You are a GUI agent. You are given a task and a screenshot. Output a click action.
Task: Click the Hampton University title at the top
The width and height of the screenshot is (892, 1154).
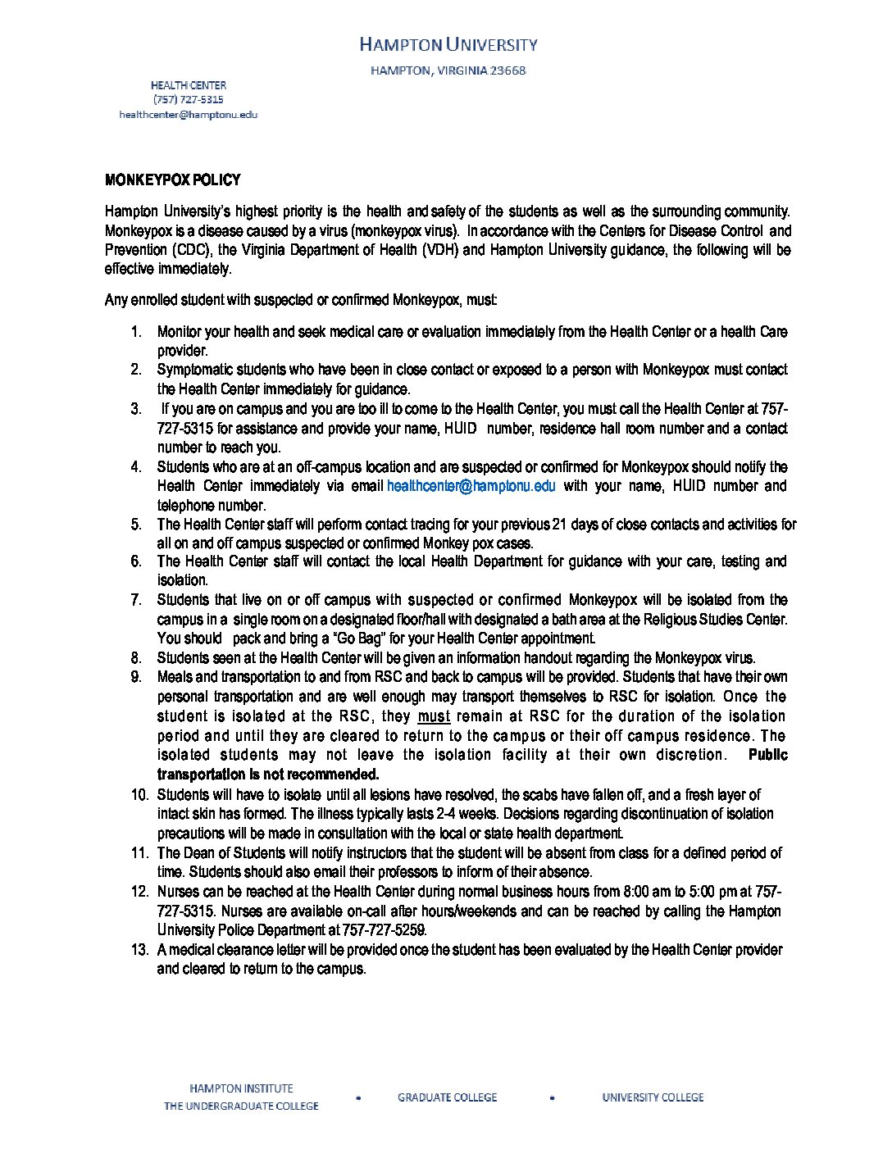pos(448,44)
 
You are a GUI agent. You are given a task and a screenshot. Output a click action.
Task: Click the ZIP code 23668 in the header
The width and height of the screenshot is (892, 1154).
pos(507,70)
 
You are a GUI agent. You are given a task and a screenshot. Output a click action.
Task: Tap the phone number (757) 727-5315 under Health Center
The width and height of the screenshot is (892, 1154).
pos(188,100)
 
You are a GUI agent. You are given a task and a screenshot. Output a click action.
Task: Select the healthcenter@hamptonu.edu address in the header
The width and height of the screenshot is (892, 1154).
pos(188,115)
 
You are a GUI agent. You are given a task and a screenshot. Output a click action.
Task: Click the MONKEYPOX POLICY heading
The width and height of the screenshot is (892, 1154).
pos(172,180)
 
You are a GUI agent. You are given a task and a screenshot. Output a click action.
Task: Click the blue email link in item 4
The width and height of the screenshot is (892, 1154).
pos(471,486)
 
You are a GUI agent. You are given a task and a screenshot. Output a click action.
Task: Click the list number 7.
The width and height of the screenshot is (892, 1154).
pos(136,600)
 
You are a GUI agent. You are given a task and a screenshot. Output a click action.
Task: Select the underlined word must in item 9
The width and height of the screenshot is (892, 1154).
pos(434,716)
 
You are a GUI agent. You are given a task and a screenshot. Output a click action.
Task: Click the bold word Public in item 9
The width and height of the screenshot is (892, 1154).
pos(768,755)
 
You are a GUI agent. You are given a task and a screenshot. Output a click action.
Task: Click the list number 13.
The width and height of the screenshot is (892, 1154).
pos(139,950)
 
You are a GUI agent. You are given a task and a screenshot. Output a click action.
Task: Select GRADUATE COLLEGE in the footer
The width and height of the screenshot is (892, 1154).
pos(447,1097)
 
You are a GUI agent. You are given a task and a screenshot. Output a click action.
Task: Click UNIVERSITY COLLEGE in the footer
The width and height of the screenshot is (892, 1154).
pos(653,1097)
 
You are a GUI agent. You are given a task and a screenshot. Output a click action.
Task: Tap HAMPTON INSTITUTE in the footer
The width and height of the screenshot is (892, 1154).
pos(241,1089)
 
